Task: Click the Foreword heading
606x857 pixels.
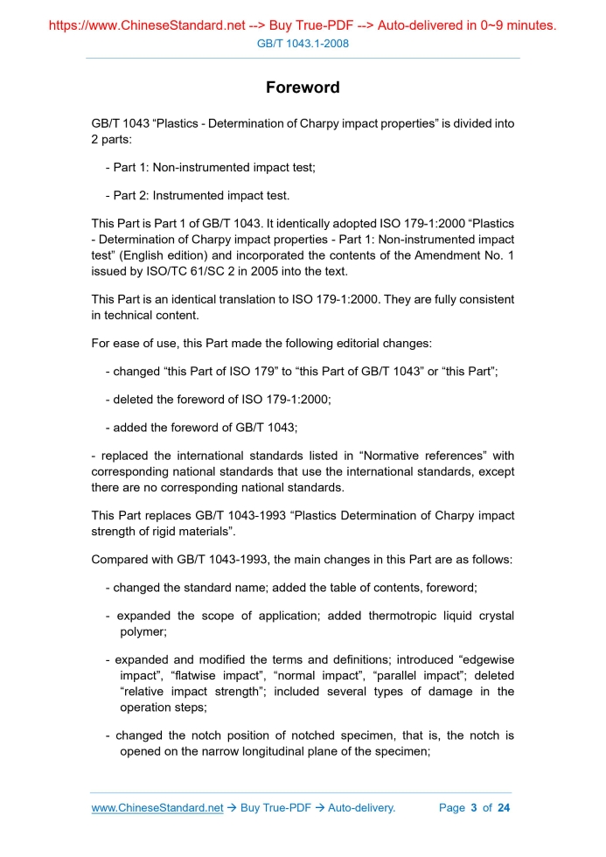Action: pos(303,87)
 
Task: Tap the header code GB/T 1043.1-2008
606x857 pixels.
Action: pos(303,43)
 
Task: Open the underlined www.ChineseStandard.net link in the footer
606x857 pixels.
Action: pos(157,807)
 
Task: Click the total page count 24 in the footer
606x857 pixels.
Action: pos(503,807)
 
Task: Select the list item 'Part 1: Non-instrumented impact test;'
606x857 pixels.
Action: pos(210,167)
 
